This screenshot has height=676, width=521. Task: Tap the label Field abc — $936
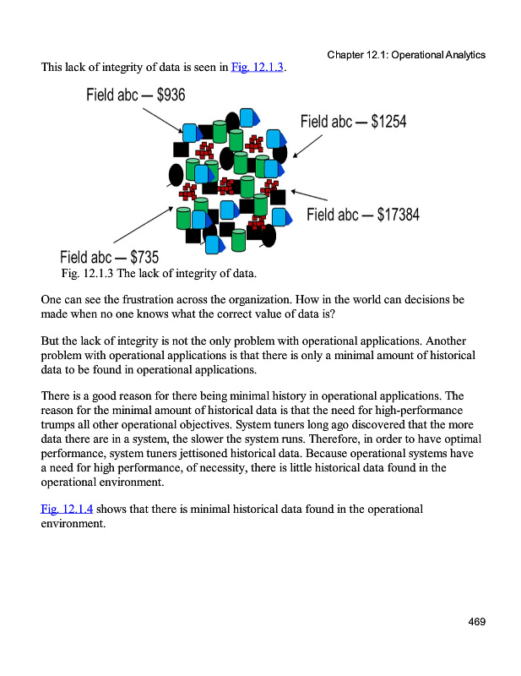pos(136,94)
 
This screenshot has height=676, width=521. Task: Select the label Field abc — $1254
pos(353,122)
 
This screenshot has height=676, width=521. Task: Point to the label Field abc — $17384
pos(362,215)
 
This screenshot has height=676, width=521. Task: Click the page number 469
pos(477,623)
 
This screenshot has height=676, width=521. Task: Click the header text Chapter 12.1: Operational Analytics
pos(405,55)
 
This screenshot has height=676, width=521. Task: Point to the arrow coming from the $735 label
pos(142,226)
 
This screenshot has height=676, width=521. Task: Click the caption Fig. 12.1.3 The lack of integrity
pos(159,274)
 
